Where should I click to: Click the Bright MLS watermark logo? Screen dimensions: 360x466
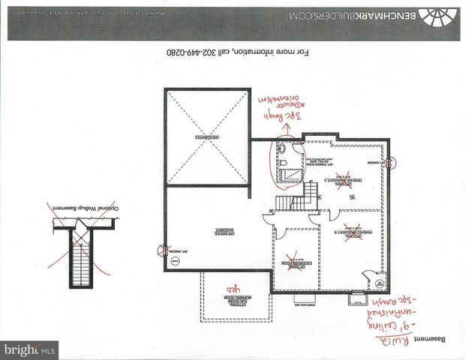(x=30, y=349)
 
